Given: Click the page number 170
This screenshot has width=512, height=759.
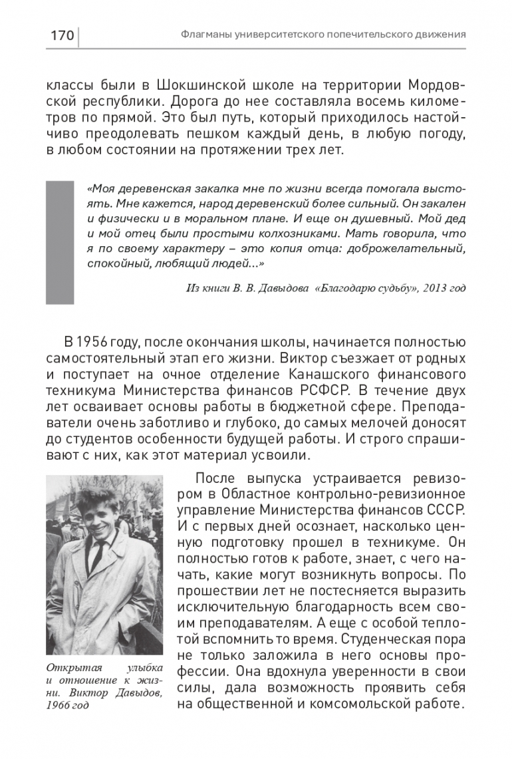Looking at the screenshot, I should pos(62,35).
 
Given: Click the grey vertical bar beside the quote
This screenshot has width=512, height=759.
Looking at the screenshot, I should pos(55,242).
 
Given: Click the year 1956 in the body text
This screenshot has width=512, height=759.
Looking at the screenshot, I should pos(98,343).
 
